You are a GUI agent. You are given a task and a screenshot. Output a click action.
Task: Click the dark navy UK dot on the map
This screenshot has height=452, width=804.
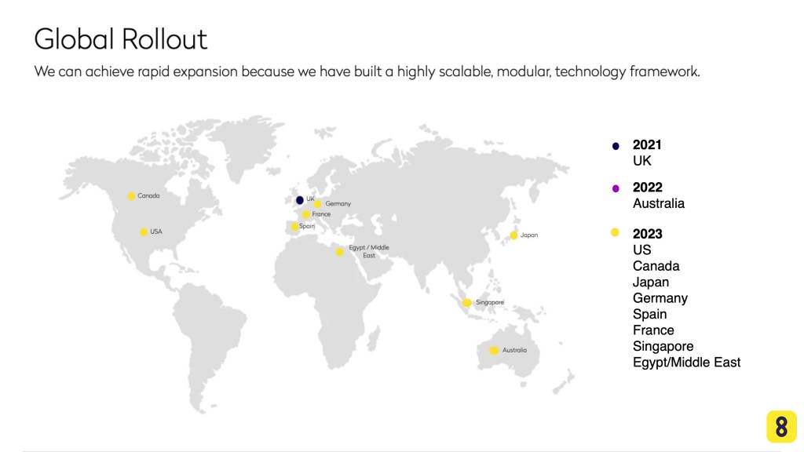[x=300, y=200]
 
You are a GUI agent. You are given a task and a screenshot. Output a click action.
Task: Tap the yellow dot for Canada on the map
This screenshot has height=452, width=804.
[x=131, y=196]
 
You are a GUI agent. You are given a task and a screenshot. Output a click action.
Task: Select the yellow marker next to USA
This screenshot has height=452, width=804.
[x=144, y=232]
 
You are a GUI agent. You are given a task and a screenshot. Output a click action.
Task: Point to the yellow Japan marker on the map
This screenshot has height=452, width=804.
[x=513, y=235]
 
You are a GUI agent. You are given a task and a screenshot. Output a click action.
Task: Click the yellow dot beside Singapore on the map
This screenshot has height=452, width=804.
[x=466, y=303]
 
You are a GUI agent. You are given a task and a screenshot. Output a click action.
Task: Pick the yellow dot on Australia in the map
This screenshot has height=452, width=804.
[x=494, y=351]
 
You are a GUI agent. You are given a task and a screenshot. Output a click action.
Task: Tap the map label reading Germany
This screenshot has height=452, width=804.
[x=338, y=203]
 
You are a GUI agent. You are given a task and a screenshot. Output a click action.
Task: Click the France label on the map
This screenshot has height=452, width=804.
[x=321, y=214]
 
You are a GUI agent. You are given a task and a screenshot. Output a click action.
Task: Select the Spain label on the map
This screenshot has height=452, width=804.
[x=307, y=226]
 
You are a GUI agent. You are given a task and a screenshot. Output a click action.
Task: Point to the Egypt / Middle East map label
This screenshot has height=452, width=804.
[x=369, y=251]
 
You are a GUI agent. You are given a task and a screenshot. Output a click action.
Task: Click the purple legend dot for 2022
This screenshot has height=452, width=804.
[x=616, y=188]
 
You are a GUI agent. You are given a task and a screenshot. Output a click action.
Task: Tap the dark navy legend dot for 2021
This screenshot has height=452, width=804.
[x=616, y=146]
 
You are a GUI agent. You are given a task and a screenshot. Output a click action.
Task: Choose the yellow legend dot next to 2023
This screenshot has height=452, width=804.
[x=615, y=232]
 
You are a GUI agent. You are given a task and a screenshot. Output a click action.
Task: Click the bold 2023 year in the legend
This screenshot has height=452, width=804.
[x=647, y=234]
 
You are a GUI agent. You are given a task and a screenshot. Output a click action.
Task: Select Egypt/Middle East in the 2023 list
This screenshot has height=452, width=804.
[x=686, y=363]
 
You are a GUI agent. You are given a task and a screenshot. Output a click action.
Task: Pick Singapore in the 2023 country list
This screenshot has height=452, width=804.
[x=663, y=346]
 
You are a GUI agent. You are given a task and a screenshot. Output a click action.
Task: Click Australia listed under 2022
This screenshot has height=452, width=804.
[x=659, y=203]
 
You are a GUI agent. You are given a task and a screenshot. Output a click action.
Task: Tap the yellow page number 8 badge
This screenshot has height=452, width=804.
[x=781, y=426]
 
